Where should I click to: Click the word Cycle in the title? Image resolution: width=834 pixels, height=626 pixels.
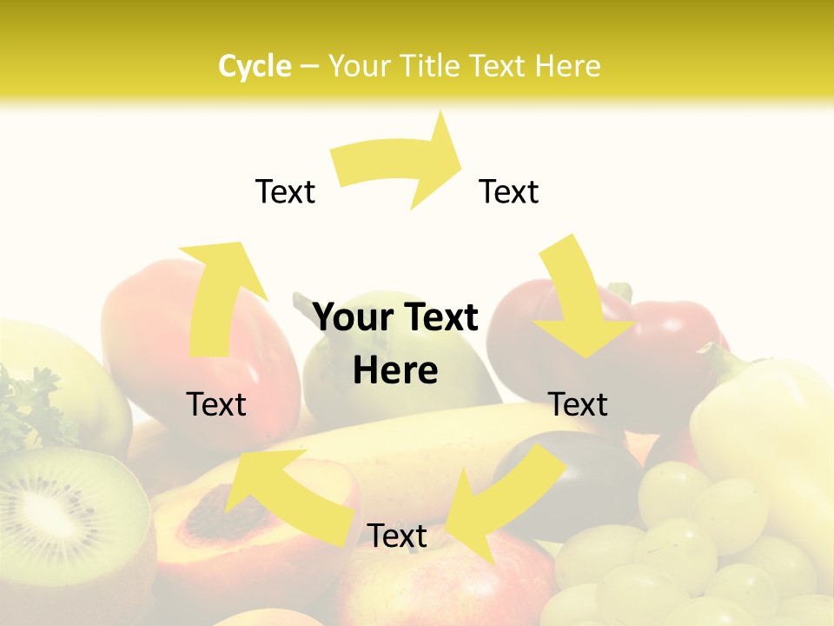(x=255, y=66)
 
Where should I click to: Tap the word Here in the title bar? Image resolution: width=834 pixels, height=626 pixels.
(x=568, y=66)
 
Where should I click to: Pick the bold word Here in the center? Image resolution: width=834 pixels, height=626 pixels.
(x=395, y=371)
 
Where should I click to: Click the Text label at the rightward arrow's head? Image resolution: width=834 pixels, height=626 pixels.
(x=509, y=191)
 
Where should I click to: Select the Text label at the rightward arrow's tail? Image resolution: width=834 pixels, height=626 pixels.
(x=285, y=192)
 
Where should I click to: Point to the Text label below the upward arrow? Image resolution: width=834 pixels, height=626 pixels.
(x=216, y=404)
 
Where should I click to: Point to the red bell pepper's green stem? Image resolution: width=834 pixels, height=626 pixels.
(x=620, y=292)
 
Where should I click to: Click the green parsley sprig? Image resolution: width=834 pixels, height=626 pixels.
(x=26, y=404)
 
